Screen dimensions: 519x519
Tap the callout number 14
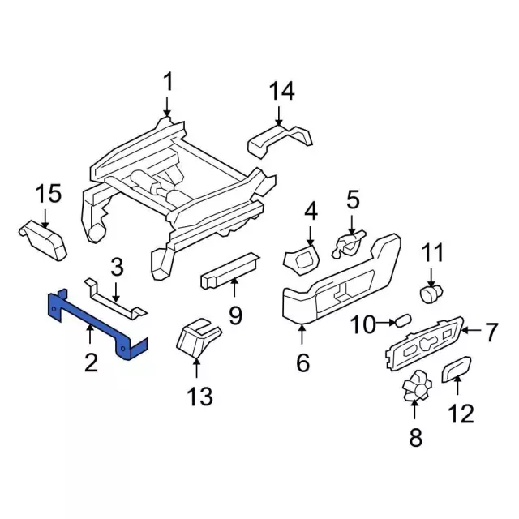pos(281,92)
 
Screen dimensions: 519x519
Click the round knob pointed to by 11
pos(431,294)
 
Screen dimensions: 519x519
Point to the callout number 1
pos(169,82)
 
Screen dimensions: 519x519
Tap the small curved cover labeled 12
pos(457,369)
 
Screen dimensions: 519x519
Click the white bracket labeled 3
pos(116,298)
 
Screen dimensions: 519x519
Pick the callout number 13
pos(199,397)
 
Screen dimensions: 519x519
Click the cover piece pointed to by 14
pos(280,140)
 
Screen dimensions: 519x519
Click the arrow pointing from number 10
pos(386,321)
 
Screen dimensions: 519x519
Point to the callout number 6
pos(302,362)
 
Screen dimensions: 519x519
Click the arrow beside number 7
pos(471,330)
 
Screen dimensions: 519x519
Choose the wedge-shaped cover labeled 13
pos(198,337)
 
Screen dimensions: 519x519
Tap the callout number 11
pos(431,253)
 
